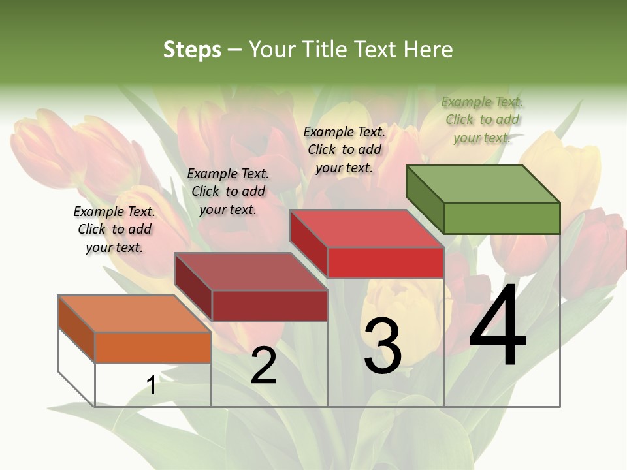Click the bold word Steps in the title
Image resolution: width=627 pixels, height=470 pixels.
coord(191,50)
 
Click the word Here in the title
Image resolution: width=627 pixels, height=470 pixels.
coord(428,50)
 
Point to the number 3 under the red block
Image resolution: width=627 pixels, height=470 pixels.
coord(382,346)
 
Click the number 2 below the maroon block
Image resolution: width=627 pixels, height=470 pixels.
coord(263,366)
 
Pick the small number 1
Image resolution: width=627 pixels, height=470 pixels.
coord(152,386)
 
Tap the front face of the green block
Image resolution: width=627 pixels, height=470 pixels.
coord(502,218)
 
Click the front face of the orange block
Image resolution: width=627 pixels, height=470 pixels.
coord(153,347)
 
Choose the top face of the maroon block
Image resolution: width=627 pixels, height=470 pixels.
coord(251,272)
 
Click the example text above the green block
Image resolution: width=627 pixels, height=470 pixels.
coord(482,119)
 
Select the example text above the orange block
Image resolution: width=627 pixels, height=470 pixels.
coord(114,229)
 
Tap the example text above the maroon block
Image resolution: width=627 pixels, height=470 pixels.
coord(228,191)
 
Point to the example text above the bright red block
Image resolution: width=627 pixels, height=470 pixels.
coord(344,149)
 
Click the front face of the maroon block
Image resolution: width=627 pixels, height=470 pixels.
coord(270,305)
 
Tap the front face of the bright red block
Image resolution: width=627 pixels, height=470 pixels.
coord(385,262)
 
